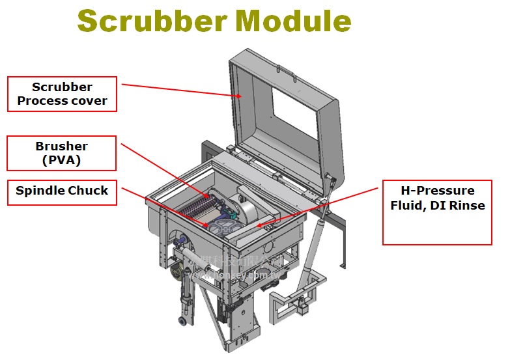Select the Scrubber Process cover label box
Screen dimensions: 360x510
tap(63, 94)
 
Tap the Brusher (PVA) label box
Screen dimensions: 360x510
tap(63, 153)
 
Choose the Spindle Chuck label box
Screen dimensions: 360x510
tap(63, 191)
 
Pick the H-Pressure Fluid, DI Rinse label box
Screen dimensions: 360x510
tap(436, 212)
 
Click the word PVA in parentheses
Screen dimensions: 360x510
tap(63, 160)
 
